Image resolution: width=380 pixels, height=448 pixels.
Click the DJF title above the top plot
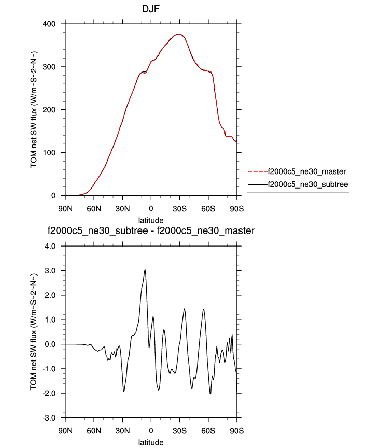[150, 9]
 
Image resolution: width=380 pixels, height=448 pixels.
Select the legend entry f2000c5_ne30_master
[306, 171]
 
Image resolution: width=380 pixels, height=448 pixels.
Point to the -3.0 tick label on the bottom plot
[51, 418]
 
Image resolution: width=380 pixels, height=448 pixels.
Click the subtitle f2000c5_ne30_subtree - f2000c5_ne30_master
[151, 230]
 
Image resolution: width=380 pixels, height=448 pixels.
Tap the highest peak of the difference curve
[145, 269]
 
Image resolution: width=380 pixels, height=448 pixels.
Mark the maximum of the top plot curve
[178, 34]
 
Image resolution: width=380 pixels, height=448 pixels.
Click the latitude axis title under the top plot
[151, 220]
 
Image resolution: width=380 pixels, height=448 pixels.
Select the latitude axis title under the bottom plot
[151, 442]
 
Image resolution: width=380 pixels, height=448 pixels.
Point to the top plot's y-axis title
[34, 109]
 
